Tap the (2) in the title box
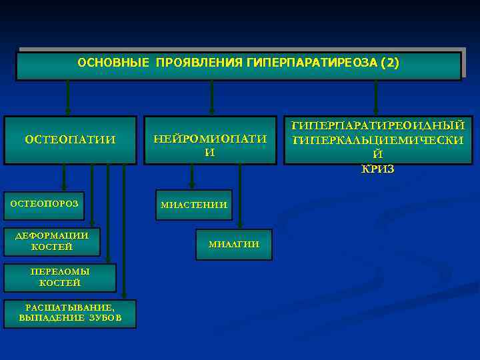click(389, 63)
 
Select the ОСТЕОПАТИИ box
click(70, 140)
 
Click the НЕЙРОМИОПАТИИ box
click(210, 141)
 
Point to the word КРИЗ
click(378, 169)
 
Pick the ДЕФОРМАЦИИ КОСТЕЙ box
click(52, 241)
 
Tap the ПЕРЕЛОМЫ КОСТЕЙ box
click(60, 277)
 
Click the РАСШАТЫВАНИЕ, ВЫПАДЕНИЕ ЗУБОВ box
click(70, 313)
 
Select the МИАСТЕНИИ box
click(194, 205)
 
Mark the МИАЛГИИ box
click(234, 245)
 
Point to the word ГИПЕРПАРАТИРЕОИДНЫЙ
click(378, 125)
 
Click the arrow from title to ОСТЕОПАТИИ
click(67, 97)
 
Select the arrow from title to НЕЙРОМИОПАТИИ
click(211, 97)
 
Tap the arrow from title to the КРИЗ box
click(376, 97)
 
